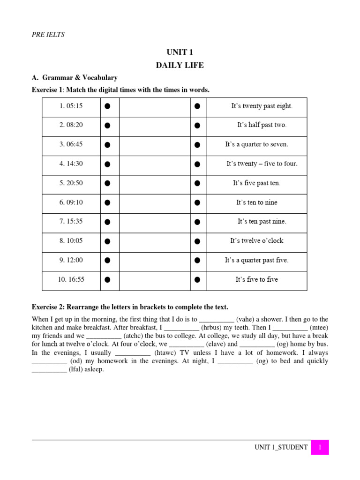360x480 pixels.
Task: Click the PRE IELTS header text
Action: coord(48,34)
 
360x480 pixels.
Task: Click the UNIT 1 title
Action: coord(180,52)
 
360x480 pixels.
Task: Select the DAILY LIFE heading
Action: coord(180,65)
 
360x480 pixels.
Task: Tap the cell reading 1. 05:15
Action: coord(71,106)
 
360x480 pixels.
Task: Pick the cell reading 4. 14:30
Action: coord(71,164)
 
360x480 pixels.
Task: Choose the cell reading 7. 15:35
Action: coord(71,221)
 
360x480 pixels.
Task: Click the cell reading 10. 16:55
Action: coord(71,279)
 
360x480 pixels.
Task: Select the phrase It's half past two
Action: coord(262,125)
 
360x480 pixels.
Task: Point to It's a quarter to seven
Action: coord(256,144)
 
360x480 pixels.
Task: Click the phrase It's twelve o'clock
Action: coord(256,241)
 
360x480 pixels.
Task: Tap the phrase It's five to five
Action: coord(256,279)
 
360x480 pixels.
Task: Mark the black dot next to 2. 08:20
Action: coord(107,126)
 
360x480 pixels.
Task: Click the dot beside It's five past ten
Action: coord(197,183)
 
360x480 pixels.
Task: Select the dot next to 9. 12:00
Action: coord(107,261)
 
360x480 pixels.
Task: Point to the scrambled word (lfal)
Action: coord(76,369)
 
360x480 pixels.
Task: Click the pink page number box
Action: coord(320,447)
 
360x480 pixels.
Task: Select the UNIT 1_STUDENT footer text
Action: coord(281,447)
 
